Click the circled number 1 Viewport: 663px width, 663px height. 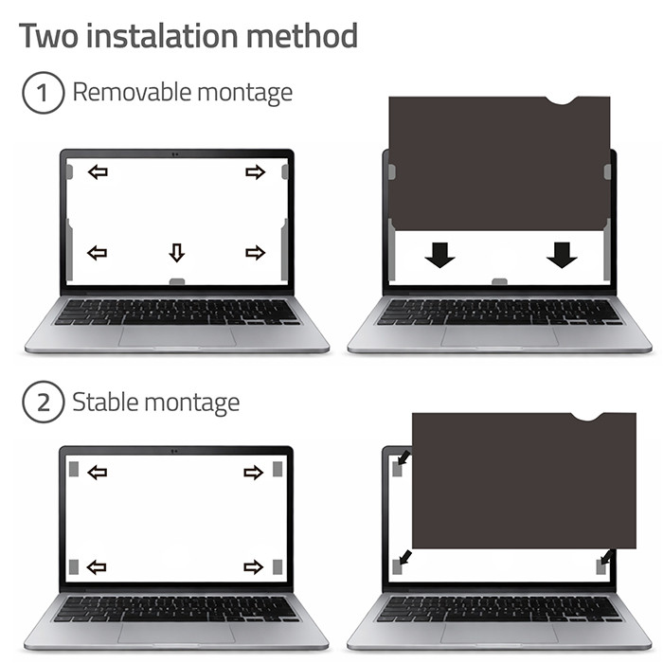[44, 93]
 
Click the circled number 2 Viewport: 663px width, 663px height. [44, 402]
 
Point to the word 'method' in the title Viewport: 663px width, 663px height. [302, 36]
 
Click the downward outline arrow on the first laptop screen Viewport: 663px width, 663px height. [177, 253]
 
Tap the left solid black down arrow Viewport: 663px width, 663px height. [439, 255]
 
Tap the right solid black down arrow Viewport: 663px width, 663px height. [562, 255]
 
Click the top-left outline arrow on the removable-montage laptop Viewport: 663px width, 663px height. [98, 172]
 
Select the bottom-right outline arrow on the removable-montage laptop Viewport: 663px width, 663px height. [256, 253]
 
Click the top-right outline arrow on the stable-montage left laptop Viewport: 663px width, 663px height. [254, 473]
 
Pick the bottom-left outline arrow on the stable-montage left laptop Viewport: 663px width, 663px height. [97, 567]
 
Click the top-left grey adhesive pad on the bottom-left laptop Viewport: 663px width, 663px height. [74, 469]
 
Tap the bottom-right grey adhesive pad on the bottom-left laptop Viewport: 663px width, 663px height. [278, 567]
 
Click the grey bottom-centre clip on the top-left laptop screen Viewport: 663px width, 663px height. [177, 281]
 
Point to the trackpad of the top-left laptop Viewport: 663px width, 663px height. [177, 336]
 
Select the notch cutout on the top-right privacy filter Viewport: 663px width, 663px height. [562, 101]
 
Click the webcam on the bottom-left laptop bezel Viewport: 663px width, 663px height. [174, 451]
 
